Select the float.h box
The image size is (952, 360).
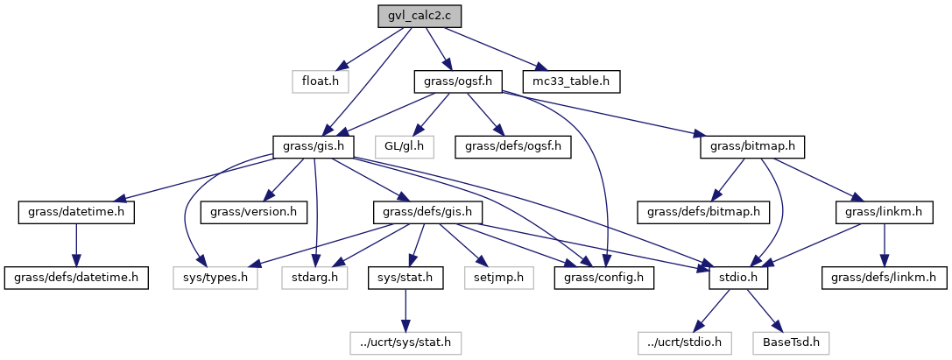coord(320,81)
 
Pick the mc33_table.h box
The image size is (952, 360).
coord(571,81)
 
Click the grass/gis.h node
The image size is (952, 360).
coord(314,146)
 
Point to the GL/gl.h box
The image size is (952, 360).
coord(404,146)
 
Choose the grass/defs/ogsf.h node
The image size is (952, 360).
coord(513,146)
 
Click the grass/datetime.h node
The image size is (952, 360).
coord(76,212)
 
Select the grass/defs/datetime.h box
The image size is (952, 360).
coord(75,278)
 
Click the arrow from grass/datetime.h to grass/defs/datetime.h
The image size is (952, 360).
coord(76,245)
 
